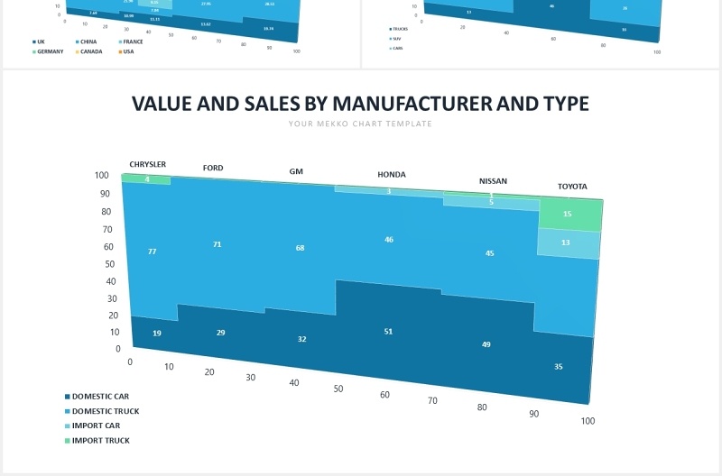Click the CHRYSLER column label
(148, 165)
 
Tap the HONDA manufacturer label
(392, 175)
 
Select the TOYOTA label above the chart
(572, 187)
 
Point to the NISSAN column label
(493, 181)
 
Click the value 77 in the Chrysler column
(153, 252)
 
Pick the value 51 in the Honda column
(388, 332)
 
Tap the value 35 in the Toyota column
(559, 367)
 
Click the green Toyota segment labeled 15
(567, 215)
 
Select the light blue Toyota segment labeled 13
(565, 243)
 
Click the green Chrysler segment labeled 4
(147, 179)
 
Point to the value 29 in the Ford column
(221, 334)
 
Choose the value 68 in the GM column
(300, 248)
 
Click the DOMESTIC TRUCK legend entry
(105, 411)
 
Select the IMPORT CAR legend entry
(96, 426)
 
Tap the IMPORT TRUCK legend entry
(100, 441)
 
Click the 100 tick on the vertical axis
(102, 176)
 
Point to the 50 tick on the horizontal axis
(338, 389)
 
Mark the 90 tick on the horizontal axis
(533, 414)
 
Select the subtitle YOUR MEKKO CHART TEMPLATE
(361, 124)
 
